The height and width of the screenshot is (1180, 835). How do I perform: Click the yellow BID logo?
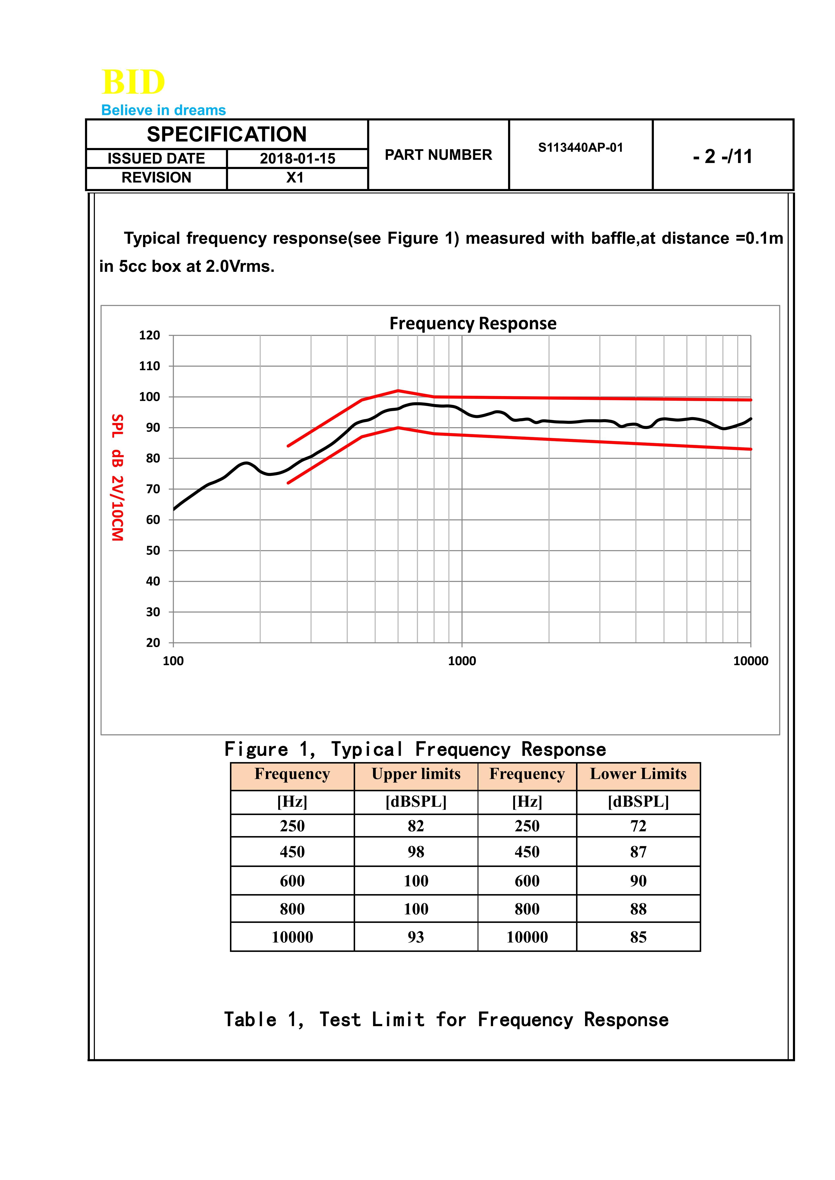click(133, 82)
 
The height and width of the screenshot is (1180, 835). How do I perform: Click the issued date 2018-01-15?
click(297, 158)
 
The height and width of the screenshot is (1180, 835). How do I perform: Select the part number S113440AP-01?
click(580, 148)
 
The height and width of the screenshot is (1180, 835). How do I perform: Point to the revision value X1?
click(295, 178)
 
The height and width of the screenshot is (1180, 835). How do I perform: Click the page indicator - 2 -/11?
click(722, 156)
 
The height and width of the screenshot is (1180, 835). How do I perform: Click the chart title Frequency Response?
click(473, 323)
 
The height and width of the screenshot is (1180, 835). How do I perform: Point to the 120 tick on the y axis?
click(150, 335)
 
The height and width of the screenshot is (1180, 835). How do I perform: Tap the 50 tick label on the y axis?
click(153, 550)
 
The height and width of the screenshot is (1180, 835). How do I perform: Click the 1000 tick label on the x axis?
click(462, 661)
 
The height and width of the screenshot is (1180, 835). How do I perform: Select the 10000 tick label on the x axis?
click(750, 661)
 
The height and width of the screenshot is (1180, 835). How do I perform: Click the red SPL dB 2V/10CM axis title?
click(118, 477)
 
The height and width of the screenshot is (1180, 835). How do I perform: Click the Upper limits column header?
click(416, 774)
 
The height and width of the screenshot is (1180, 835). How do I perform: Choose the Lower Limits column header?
click(638, 774)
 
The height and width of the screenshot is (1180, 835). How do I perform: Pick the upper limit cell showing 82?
click(416, 826)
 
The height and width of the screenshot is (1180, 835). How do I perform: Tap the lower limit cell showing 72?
click(638, 826)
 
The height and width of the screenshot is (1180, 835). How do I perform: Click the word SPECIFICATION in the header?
click(227, 135)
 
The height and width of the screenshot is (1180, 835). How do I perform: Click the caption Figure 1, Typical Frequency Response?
click(415, 749)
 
